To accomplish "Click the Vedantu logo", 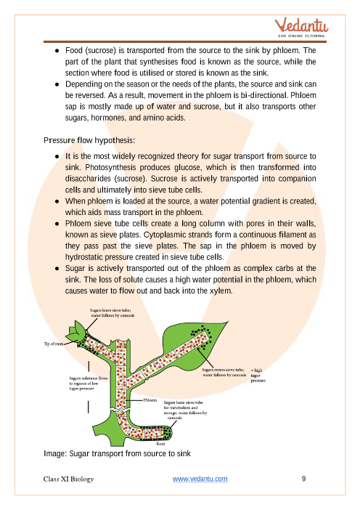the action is pos(301,28).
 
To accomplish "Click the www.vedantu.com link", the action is pos(200,479).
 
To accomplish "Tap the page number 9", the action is pos(304,479).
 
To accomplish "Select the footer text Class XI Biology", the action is pos(68,479).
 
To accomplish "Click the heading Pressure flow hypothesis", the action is pos(89,140).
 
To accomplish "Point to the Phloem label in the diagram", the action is pos(150,400).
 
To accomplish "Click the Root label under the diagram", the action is pos(160,444).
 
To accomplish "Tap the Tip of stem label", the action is pos(54,344).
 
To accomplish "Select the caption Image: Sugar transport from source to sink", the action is pos(117,453).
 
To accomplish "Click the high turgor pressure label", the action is pos(258,376).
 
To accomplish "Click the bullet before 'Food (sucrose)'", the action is pos(57,51).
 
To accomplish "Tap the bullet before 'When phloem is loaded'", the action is pos(57,201).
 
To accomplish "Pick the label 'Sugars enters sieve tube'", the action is pos(224,373).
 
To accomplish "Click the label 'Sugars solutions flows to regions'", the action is pos(88,383).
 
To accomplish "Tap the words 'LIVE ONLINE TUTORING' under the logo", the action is pos(301,36).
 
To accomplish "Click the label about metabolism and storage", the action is pos(185,410).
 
